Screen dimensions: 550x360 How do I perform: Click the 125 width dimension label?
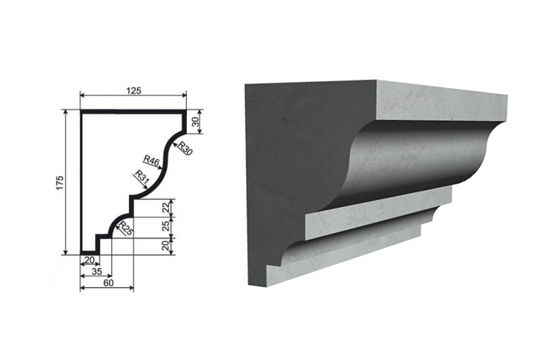point(133,91)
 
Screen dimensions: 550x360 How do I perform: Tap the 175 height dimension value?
point(60,182)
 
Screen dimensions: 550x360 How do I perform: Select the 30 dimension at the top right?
point(196,121)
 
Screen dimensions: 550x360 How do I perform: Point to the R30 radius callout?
point(185,148)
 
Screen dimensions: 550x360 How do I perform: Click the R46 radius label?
point(152,161)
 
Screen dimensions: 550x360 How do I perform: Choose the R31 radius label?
point(142,176)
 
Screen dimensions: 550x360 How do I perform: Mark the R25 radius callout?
point(126,228)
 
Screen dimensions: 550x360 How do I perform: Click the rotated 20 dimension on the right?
point(165,246)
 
